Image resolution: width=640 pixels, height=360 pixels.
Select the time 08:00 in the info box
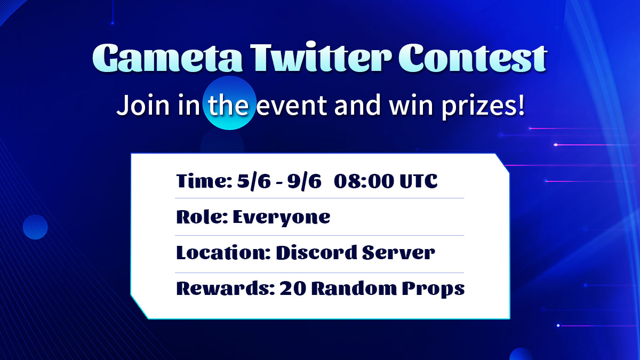tap(363, 181)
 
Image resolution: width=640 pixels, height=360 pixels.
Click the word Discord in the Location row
tap(315, 252)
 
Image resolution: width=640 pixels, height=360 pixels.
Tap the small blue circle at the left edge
tap(35, 227)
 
